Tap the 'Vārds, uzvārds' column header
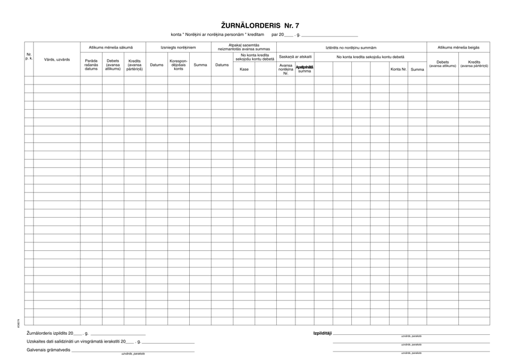coord(57,59)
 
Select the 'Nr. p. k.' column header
coord(29,58)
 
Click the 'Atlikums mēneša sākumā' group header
coord(113,47)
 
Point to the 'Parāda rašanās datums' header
coord(91,65)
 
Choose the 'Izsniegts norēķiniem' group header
coord(178,47)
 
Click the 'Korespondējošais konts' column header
coord(178,65)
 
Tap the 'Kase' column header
coord(244,69)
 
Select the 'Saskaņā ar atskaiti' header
coord(295,56)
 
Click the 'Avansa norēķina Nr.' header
coord(286,69)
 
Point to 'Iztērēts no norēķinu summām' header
coord(351,47)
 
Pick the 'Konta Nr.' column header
coord(398,69)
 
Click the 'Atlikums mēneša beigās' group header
coord(458,47)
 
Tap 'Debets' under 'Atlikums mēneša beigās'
coord(443,64)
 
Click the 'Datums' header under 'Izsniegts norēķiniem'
coord(157,65)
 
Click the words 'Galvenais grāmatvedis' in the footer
coord(49,350)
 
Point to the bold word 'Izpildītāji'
coord(322,333)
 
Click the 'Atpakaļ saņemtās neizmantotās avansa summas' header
coord(244,47)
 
